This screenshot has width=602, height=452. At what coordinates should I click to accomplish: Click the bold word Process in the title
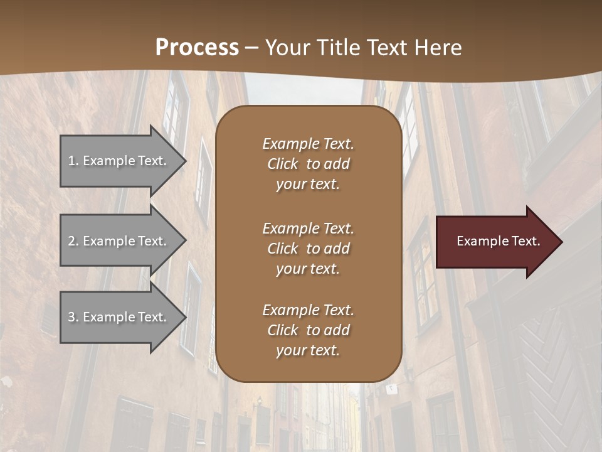pos(197,48)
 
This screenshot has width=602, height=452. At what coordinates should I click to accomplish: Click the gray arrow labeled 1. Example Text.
pos(119,161)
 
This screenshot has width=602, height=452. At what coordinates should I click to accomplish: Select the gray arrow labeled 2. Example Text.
pos(119,241)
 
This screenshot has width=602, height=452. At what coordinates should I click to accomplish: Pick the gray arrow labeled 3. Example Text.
pos(119,317)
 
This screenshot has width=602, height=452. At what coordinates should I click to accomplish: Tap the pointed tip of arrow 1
pos(184,161)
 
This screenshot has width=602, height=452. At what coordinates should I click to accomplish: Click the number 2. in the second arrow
pos(73,241)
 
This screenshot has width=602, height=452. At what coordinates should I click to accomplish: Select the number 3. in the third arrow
pos(73,317)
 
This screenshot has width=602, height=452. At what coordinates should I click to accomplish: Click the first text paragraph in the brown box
pos(308,164)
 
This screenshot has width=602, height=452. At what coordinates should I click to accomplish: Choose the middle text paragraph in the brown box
pos(308,249)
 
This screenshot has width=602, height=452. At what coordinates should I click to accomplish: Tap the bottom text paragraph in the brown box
pos(308,330)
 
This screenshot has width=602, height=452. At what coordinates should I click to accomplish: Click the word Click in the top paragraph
pos(283,164)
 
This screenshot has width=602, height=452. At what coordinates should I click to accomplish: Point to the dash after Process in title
pos(252,48)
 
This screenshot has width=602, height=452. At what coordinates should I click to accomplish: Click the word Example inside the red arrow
pos(480,241)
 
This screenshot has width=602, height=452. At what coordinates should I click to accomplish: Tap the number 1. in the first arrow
pos(73,161)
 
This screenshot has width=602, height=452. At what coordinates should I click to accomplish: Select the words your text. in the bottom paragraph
pos(308,351)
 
